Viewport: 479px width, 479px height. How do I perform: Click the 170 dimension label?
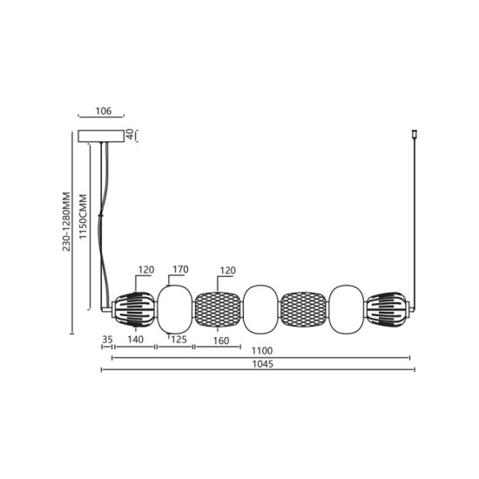pyautogui.click(x=180, y=270)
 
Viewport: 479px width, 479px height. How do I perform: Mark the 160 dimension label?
pyautogui.click(x=220, y=341)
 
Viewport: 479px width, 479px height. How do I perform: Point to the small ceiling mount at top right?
pyautogui.click(x=415, y=137)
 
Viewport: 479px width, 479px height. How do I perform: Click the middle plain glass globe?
pyautogui.click(x=260, y=309)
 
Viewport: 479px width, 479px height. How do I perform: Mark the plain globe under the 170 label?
pyautogui.click(x=175, y=309)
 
